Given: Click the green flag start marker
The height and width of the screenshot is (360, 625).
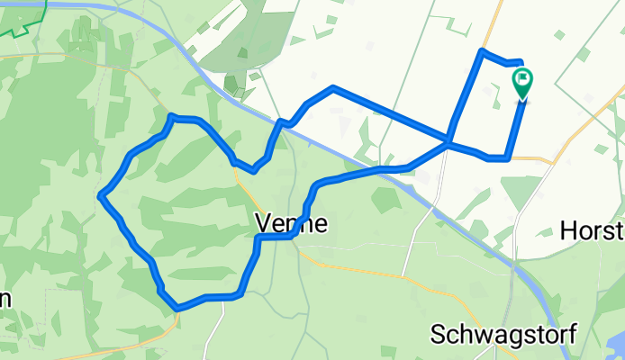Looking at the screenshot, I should pos(522,83).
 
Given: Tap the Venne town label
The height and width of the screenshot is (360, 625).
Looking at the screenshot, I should pos(290,222).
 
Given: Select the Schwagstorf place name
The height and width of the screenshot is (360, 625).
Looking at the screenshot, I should pos(503,334).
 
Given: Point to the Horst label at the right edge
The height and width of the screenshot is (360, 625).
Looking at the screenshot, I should pos(593,231).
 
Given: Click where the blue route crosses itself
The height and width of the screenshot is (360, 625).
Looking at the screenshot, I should pos(448,141).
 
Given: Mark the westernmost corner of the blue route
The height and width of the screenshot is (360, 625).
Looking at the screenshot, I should pos(101,193).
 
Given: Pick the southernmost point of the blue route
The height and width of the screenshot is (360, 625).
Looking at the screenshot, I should pos(177,308).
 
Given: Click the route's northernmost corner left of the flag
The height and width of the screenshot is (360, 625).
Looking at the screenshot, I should pos(483,50).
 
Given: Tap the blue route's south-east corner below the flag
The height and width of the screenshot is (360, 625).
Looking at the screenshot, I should pos(508,158).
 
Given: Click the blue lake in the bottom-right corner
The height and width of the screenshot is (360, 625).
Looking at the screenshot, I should pos(618,346).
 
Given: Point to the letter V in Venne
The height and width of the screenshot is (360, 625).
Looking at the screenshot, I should pos(263,222).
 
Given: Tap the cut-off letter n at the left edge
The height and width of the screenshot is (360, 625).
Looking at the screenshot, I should pos(5,300).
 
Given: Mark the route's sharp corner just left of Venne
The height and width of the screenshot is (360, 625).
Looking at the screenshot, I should pos(258,238).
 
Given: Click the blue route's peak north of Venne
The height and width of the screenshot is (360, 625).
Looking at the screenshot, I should pos(333,87).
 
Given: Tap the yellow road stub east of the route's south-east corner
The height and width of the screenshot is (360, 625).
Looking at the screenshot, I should pos(531,158).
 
